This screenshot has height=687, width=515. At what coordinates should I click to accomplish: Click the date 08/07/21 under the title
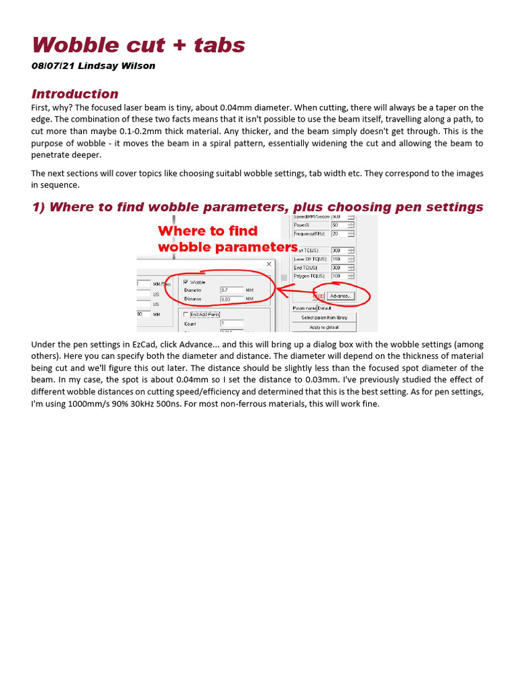tap(52, 66)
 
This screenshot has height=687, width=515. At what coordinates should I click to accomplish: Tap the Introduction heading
tap(74, 94)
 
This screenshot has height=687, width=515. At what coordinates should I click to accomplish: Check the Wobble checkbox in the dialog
tap(186, 282)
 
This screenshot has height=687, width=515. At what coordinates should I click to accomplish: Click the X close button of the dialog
tap(269, 264)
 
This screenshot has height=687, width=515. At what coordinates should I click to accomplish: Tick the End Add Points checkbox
tap(186, 314)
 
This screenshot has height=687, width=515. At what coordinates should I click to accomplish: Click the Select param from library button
tap(324, 317)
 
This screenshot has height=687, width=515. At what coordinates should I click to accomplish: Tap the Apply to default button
tap(324, 327)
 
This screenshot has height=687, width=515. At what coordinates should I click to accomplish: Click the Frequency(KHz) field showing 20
tap(339, 233)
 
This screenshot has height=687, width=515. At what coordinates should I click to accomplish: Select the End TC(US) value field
tap(339, 267)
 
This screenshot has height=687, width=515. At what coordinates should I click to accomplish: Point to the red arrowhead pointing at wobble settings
tap(280, 290)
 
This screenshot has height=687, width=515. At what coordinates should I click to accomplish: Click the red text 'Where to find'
tap(207, 231)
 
